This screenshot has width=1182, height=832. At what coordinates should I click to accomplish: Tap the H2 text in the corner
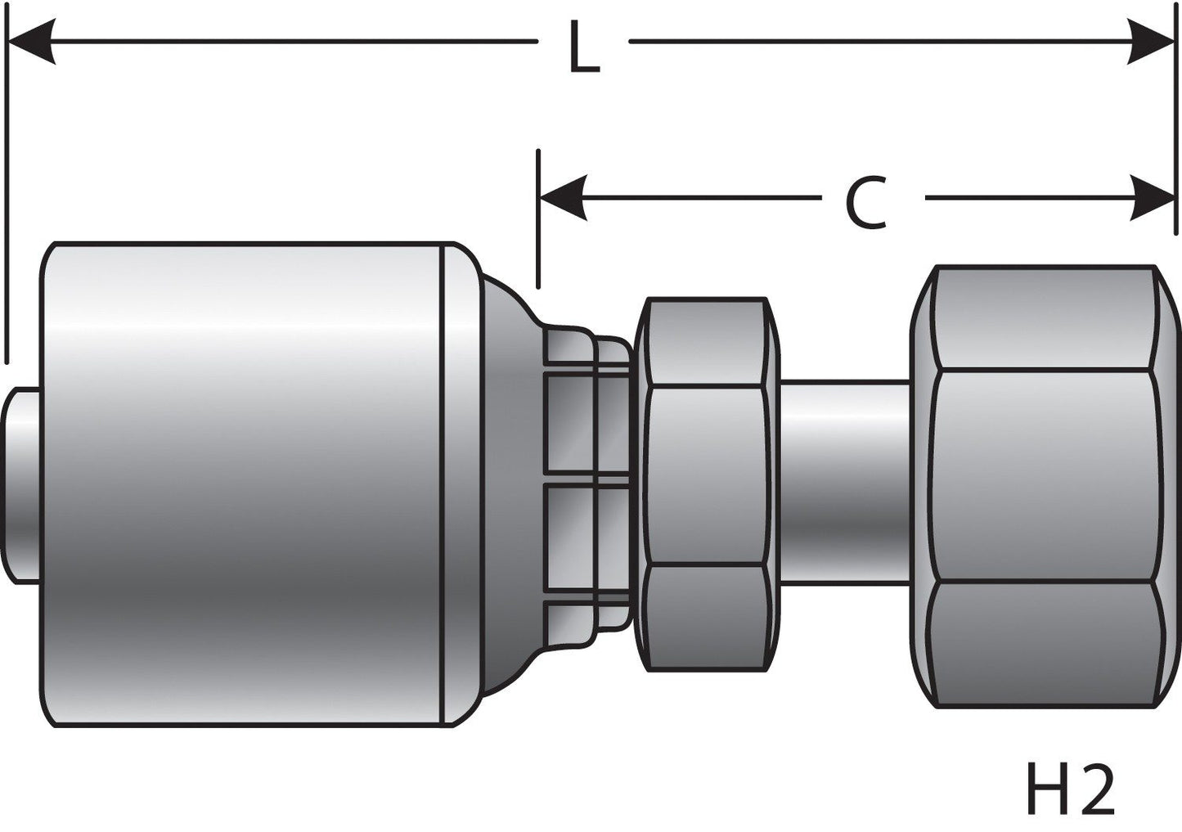pos(1069,790)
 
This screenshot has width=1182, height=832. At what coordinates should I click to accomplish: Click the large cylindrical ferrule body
pos(245,483)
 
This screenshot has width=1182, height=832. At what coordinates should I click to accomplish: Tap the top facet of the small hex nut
pos(705,340)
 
